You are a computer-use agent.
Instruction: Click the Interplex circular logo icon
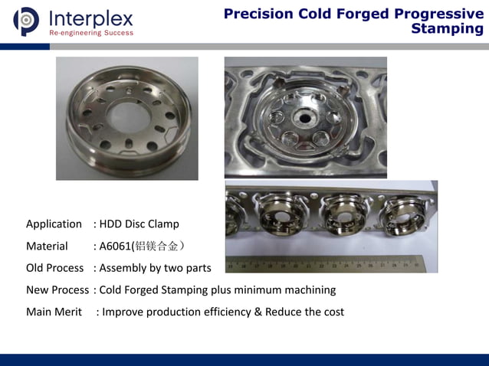pyautogui.click(x=26, y=21)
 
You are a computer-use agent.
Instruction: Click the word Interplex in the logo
pyautogui.click(x=90, y=18)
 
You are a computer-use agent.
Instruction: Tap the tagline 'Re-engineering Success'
pyautogui.click(x=90, y=33)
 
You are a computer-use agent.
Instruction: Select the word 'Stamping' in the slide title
pyautogui.click(x=447, y=29)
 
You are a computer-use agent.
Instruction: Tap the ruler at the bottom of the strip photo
pyautogui.click(x=330, y=264)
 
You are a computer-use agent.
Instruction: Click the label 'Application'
pyautogui.click(x=54, y=224)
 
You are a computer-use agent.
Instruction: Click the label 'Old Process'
pyautogui.click(x=54, y=268)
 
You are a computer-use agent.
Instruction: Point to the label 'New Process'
pyautogui.click(x=57, y=290)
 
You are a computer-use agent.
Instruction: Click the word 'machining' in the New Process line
pyautogui.click(x=308, y=290)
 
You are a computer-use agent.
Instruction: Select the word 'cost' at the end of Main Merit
pyautogui.click(x=332, y=312)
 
